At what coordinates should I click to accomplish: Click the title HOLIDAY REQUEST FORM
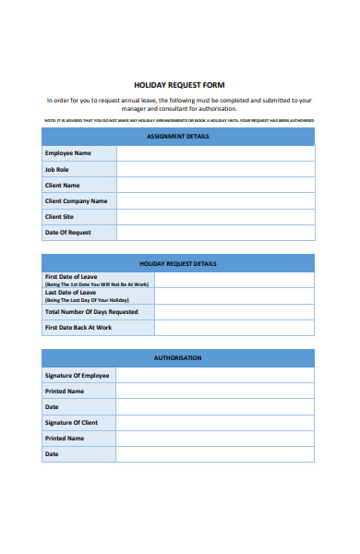point(179,85)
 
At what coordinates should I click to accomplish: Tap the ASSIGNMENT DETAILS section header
point(178,137)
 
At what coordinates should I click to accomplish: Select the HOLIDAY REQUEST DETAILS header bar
point(178,263)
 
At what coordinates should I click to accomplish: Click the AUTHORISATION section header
point(178,357)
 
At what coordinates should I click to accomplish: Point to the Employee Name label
point(68,153)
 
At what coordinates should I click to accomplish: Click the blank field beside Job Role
point(215,170)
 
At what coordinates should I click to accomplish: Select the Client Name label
point(63,186)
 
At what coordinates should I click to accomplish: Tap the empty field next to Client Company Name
point(215,201)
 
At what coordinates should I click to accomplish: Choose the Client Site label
point(61,217)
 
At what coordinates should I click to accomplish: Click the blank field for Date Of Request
point(215,233)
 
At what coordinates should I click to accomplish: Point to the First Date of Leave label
point(71,277)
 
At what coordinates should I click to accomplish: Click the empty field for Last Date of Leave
point(234,295)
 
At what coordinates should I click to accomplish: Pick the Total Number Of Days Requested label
point(91,312)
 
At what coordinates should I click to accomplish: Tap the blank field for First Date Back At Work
point(234,328)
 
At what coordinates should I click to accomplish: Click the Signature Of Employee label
point(77,376)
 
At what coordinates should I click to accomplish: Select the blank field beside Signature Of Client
point(215,423)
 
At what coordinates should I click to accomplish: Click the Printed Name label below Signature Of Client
point(65,439)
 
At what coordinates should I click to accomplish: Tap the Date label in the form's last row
point(52,454)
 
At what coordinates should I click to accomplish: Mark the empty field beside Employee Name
point(215,153)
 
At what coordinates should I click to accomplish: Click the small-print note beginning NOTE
point(179,120)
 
